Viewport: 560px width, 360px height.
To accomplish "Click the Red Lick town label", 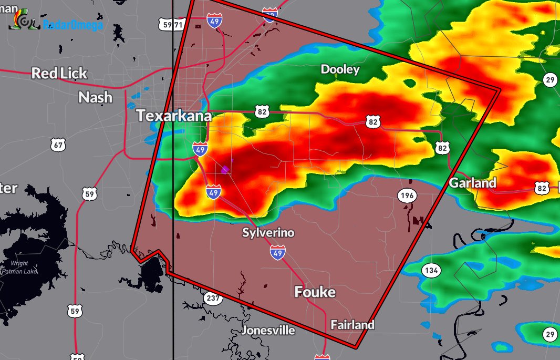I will [59, 73].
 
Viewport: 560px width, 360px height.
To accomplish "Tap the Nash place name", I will [95, 97].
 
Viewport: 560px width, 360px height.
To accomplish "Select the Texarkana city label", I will [174, 116].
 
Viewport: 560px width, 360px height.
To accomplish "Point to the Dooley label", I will [340, 69].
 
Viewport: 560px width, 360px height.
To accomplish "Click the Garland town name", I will [472, 183].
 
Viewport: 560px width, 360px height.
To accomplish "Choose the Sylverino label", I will [268, 232].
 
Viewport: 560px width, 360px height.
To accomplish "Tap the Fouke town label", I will [315, 292].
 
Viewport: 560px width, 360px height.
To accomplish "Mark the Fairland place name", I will [352, 325].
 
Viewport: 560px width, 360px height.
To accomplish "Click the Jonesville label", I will [268, 330].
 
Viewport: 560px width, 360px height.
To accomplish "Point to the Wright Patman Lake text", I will [19, 268].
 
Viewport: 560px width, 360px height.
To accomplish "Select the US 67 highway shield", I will [58, 145].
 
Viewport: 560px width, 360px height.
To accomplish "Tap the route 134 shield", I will [431, 271].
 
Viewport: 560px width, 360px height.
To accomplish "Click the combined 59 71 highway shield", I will [172, 24].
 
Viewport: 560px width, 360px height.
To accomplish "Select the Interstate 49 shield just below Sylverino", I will [278, 252].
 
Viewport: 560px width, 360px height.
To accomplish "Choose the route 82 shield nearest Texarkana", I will [262, 111].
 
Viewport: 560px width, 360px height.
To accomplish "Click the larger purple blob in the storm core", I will [225, 169].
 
